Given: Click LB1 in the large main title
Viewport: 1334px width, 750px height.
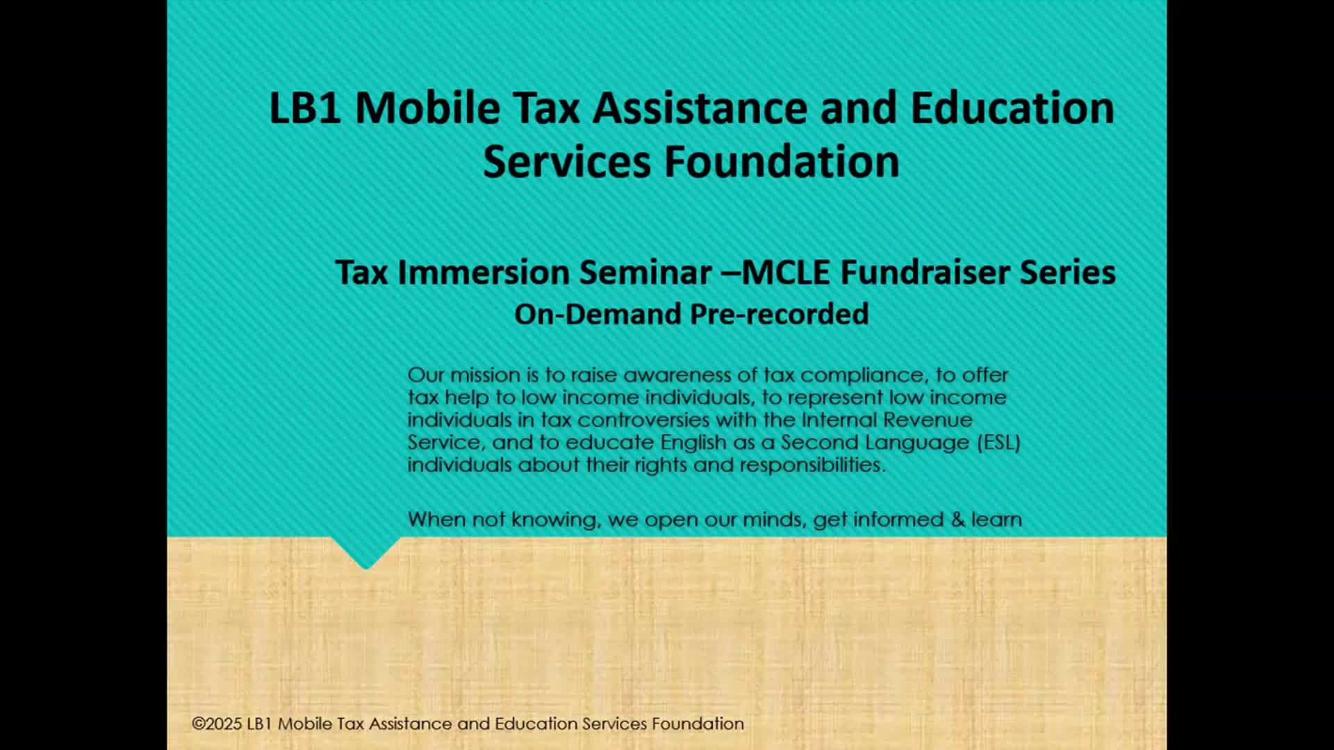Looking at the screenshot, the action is [x=305, y=108].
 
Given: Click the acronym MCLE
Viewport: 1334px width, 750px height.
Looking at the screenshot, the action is [x=786, y=272].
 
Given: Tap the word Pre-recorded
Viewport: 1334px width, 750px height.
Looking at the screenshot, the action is [x=780, y=315].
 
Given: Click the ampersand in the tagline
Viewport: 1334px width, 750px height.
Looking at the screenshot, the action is [x=958, y=519].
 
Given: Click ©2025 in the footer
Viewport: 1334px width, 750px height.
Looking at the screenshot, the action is [x=217, y=724].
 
